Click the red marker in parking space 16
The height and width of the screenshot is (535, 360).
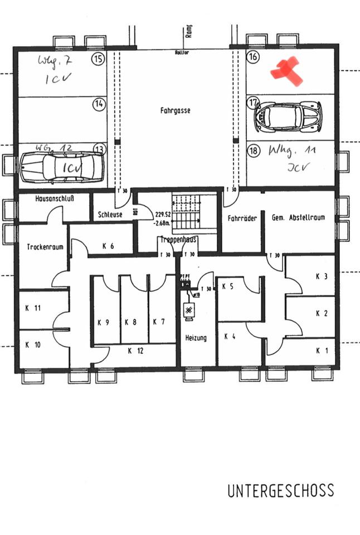coord(286,71)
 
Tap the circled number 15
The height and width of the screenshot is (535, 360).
coord(99,59)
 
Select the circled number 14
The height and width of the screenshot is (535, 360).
coord(99,104)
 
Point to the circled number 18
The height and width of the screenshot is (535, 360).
coord(254,150)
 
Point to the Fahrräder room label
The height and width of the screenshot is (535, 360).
coord(242,218)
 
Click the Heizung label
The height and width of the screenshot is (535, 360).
coord(196,338)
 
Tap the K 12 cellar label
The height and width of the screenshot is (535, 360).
coord(135,351)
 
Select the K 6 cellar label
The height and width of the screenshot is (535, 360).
coord(108,246)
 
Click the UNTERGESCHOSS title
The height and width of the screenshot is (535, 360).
coord(280,491)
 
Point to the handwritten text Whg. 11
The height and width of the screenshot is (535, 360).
coord(288,150)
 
